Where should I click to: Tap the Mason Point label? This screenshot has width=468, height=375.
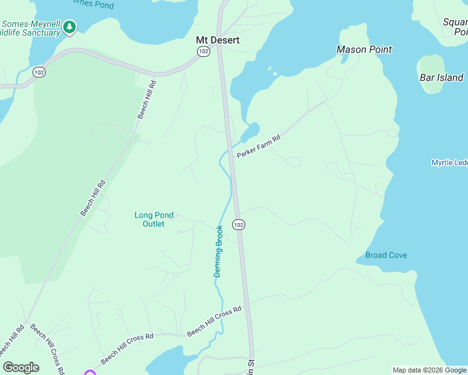pyautogui.click(x=364, y=49)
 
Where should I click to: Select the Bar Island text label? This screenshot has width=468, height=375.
pyautogui.click(x=441, y=78)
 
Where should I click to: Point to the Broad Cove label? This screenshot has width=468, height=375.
pyautogui.click(x=386, y=255)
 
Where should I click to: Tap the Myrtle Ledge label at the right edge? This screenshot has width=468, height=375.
pyautogui.click(x=449, y=162)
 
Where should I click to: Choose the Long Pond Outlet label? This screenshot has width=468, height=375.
pyautogui.click(x=153, y=219)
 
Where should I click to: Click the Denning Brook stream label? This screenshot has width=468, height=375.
pyautogui.click(x=218, y=251)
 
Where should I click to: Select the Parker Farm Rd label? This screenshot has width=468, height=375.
pyautogui.click(x=257, y=145)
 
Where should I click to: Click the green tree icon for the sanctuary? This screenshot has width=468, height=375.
pyautogui.click(x=69, y=27)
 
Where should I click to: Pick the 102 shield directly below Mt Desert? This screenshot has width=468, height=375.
pyautogui.click(x=203, y=52)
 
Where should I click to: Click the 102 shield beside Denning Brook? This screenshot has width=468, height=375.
pyautogui.click(x=238, y=224)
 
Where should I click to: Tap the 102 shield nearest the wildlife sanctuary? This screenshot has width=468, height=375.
pyautogui.click(x=39, y=72)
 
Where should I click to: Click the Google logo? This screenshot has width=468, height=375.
pyautogui.click(x=21, y=367)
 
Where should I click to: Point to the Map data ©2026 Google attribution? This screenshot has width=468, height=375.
pyautogui.click(x=429, y=370)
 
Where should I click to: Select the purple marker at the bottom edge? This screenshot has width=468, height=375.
pyautogui.click(x=89, y=373)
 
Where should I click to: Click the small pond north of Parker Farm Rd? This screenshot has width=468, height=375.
pyautogui.click(x=250, y=132)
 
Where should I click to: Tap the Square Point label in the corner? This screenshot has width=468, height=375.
pyautogui.click(x=455, y=26)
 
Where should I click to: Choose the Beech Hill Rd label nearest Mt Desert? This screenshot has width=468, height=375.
pyautogui.click(x=147, y=99)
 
